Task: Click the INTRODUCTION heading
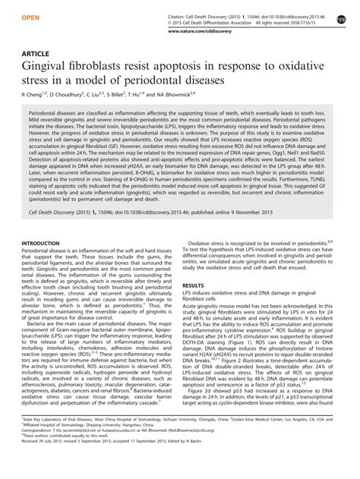(46, 265)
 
